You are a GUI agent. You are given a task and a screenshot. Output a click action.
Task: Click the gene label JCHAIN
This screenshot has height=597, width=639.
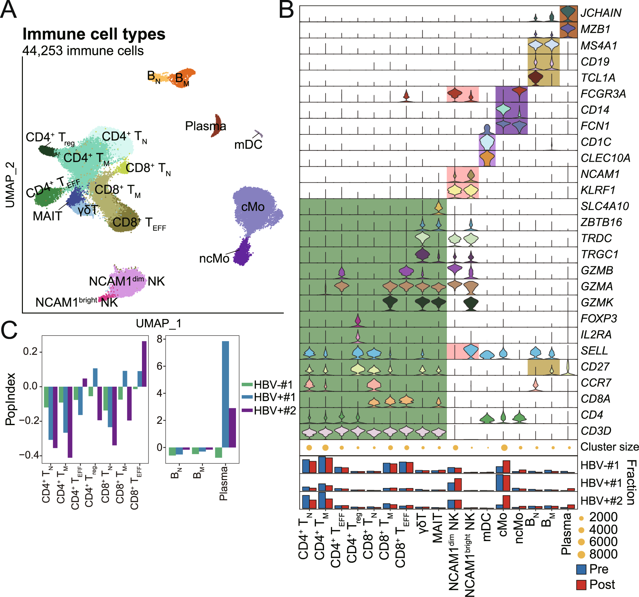click(x=601, y=13)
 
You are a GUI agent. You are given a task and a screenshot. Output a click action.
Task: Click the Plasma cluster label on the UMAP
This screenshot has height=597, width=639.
click(x=205, y=126)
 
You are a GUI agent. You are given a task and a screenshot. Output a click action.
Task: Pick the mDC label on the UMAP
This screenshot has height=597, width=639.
click(x=248, y=145)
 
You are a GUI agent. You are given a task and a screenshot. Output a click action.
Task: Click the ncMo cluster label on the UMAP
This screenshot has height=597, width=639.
click(x=214, y=259)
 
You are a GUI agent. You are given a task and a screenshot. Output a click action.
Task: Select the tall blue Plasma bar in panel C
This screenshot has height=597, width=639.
click(x=225, y=394)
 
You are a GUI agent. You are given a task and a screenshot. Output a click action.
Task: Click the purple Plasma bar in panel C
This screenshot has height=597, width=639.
click(x=232, y=428)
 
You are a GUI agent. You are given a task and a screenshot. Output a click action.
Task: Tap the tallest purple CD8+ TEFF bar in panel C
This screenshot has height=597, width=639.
click(x=144, y=363)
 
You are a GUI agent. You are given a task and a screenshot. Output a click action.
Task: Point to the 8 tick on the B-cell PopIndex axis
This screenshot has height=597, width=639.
click(x=159, y=339)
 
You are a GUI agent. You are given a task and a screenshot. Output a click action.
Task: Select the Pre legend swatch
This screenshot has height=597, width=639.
click(x=581, y=569)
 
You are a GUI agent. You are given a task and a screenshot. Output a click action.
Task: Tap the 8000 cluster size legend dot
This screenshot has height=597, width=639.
click(x=581, y=554)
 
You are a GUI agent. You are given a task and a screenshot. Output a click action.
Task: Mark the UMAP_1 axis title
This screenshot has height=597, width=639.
click(x=158, y=323)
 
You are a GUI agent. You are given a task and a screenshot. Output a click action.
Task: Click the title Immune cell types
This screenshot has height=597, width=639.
click(x=94, y=34)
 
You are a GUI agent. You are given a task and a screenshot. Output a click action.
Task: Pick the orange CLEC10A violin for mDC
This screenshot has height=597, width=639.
click(x=487, y=159)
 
